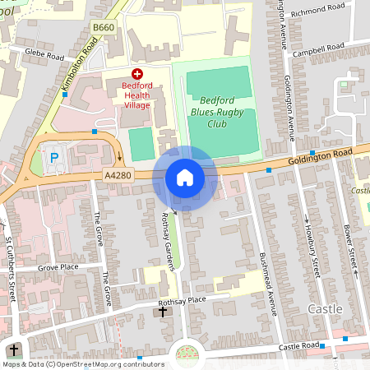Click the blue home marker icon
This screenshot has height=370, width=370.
coord(185,178)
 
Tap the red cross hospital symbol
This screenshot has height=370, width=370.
coord(136,73)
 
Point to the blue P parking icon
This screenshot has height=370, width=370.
coord(55,157)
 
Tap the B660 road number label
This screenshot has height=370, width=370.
coord(103,28)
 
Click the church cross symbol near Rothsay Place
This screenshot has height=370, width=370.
coord(163,312)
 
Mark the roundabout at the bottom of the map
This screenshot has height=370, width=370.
coord(187,355)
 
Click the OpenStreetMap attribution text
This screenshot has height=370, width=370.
coord(83,364)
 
